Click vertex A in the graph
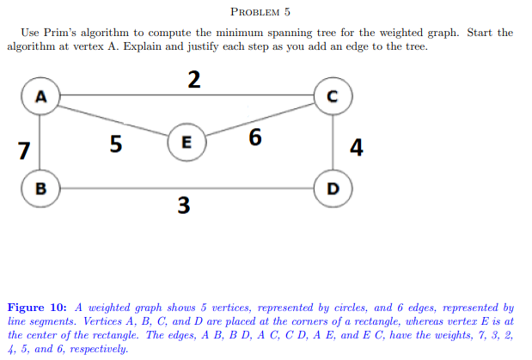click(x=40, y=95)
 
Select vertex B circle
click(x=40, y=186)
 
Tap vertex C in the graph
click(x=332, y=95)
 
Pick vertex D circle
click(x=332, y=186)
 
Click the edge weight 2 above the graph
click(x=193, y=79)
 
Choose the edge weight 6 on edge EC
click(x=254, y=137)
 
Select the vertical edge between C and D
click(x=332, y=141)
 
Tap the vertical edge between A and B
click(x=40, y=141)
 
